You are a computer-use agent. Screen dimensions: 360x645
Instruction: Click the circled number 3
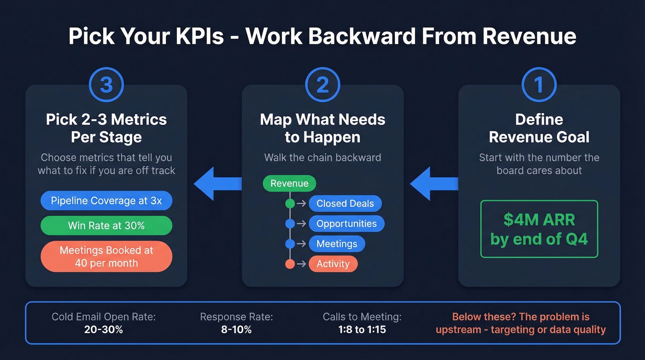106,85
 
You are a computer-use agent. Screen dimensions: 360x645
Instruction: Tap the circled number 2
322,85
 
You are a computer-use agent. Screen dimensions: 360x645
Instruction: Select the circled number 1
539,85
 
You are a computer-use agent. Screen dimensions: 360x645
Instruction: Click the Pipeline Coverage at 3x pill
106,201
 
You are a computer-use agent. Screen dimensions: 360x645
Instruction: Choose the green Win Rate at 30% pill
106,225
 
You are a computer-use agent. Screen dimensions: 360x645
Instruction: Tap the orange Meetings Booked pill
106,257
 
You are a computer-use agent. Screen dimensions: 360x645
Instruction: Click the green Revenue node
289,183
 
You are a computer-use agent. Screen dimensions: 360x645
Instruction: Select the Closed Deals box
345,204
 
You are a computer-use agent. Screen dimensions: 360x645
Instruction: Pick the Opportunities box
346,224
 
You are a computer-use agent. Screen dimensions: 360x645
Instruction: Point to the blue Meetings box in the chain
337,244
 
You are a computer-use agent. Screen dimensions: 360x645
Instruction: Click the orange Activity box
333,264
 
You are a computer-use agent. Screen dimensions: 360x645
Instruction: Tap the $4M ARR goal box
539,229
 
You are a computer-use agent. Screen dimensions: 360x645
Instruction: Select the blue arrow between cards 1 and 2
434,184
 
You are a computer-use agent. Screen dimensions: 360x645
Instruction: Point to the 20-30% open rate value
103,330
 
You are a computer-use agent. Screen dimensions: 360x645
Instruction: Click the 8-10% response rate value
236,330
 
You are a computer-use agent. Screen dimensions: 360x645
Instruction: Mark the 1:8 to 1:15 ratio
362,330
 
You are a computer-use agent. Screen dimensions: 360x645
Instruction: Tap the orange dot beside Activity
290,264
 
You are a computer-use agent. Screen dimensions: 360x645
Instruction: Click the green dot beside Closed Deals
290,204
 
